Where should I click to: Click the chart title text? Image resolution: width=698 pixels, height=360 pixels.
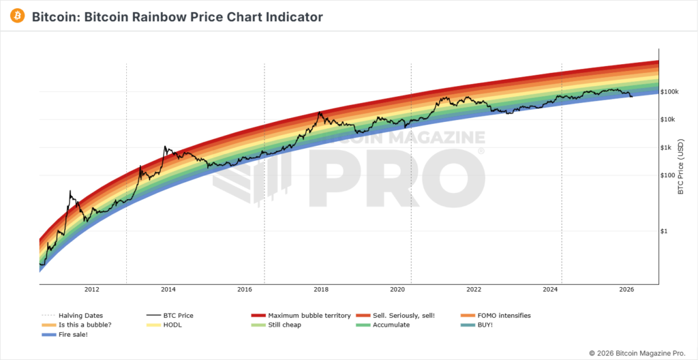click(177, 16)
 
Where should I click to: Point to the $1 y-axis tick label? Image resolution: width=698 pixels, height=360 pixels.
click(665, 231)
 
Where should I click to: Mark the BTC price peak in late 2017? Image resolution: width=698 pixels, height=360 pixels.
click(320, 112)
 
